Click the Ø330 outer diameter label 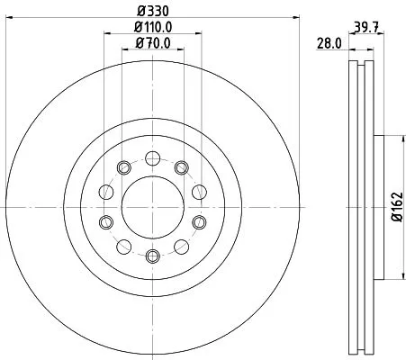pos(152,10)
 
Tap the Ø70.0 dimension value pos(153,43)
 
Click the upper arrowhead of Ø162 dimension pos(387,139)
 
